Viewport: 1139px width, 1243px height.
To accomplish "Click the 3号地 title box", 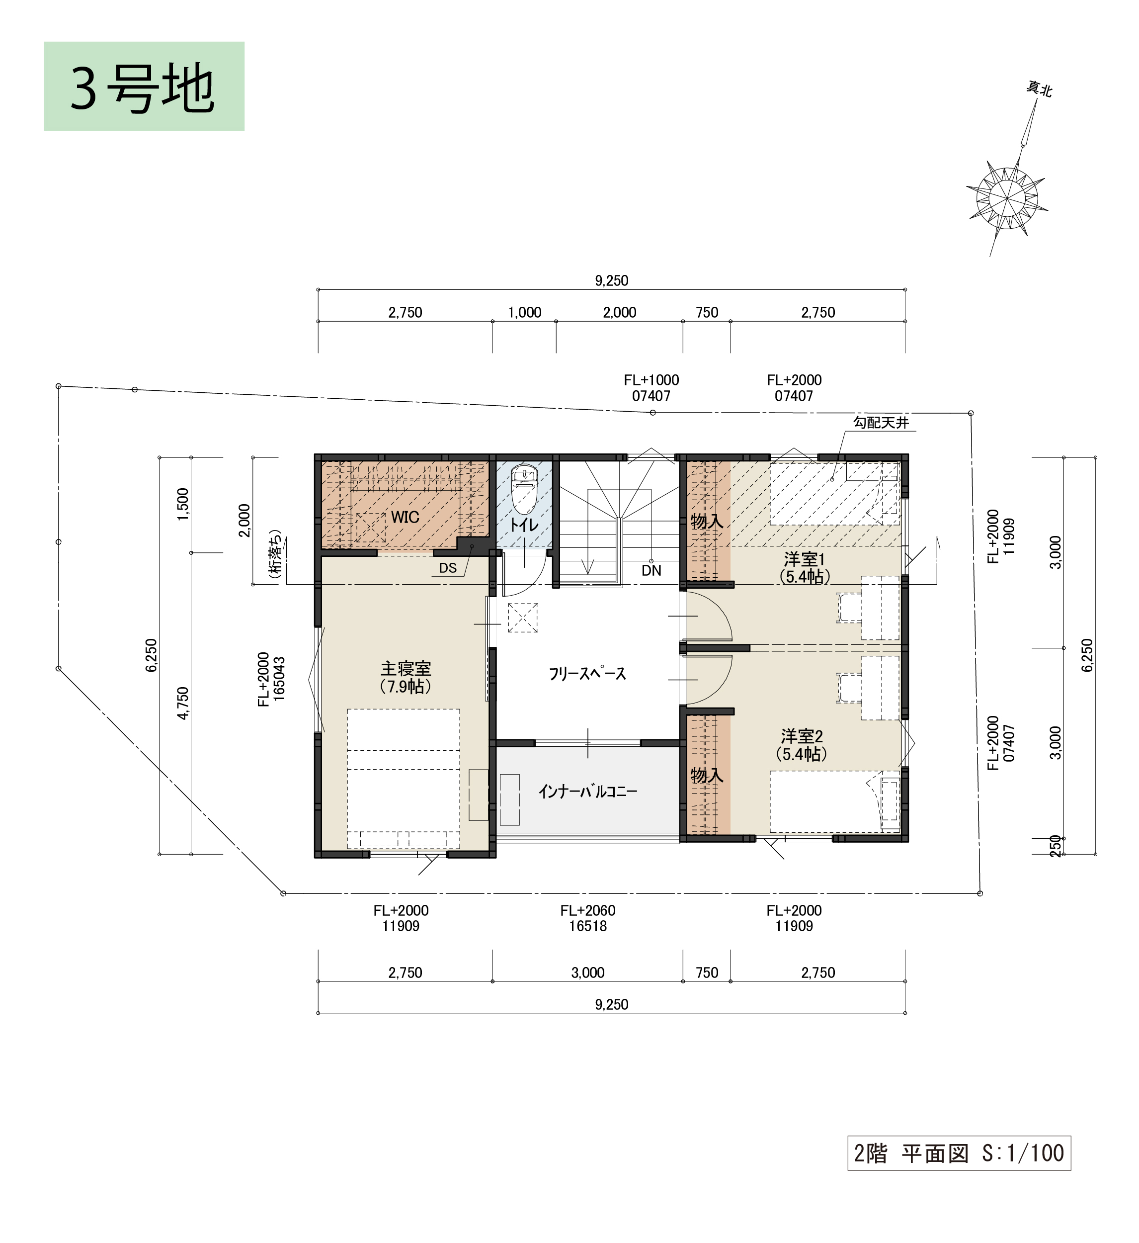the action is pos(144,87).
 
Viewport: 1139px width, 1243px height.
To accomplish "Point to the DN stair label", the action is pos(651,570).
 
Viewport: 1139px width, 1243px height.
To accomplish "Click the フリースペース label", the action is pos(587,673).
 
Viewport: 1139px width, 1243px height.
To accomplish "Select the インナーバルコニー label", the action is pos(587,791).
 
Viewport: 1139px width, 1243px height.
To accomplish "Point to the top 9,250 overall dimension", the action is pos(611,280).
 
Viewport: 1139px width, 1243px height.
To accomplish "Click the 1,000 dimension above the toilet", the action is pos(524,313).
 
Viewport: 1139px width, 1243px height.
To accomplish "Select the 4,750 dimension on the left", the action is pos(183,703).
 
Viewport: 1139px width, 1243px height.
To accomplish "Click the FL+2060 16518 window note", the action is pos(588,918).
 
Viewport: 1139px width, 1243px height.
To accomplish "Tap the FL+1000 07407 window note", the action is pos(651,388).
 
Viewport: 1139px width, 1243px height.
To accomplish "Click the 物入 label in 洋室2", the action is pos(707,775).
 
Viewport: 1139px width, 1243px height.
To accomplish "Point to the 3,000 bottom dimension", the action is pos(587,973).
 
